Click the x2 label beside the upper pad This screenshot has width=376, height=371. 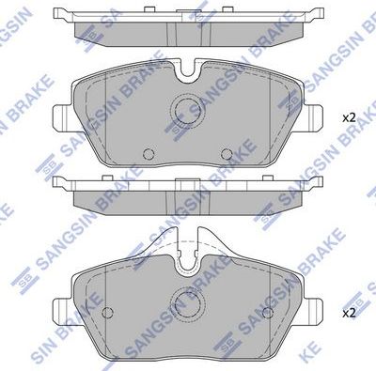click(x=348, y=117)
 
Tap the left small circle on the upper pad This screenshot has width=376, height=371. click(x=147, y=155)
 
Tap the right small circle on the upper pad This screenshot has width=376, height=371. click(x=225, y=155)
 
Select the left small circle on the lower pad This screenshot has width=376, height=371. click(x=107, y=313)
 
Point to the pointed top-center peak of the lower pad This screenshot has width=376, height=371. click(x=187, y=229)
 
